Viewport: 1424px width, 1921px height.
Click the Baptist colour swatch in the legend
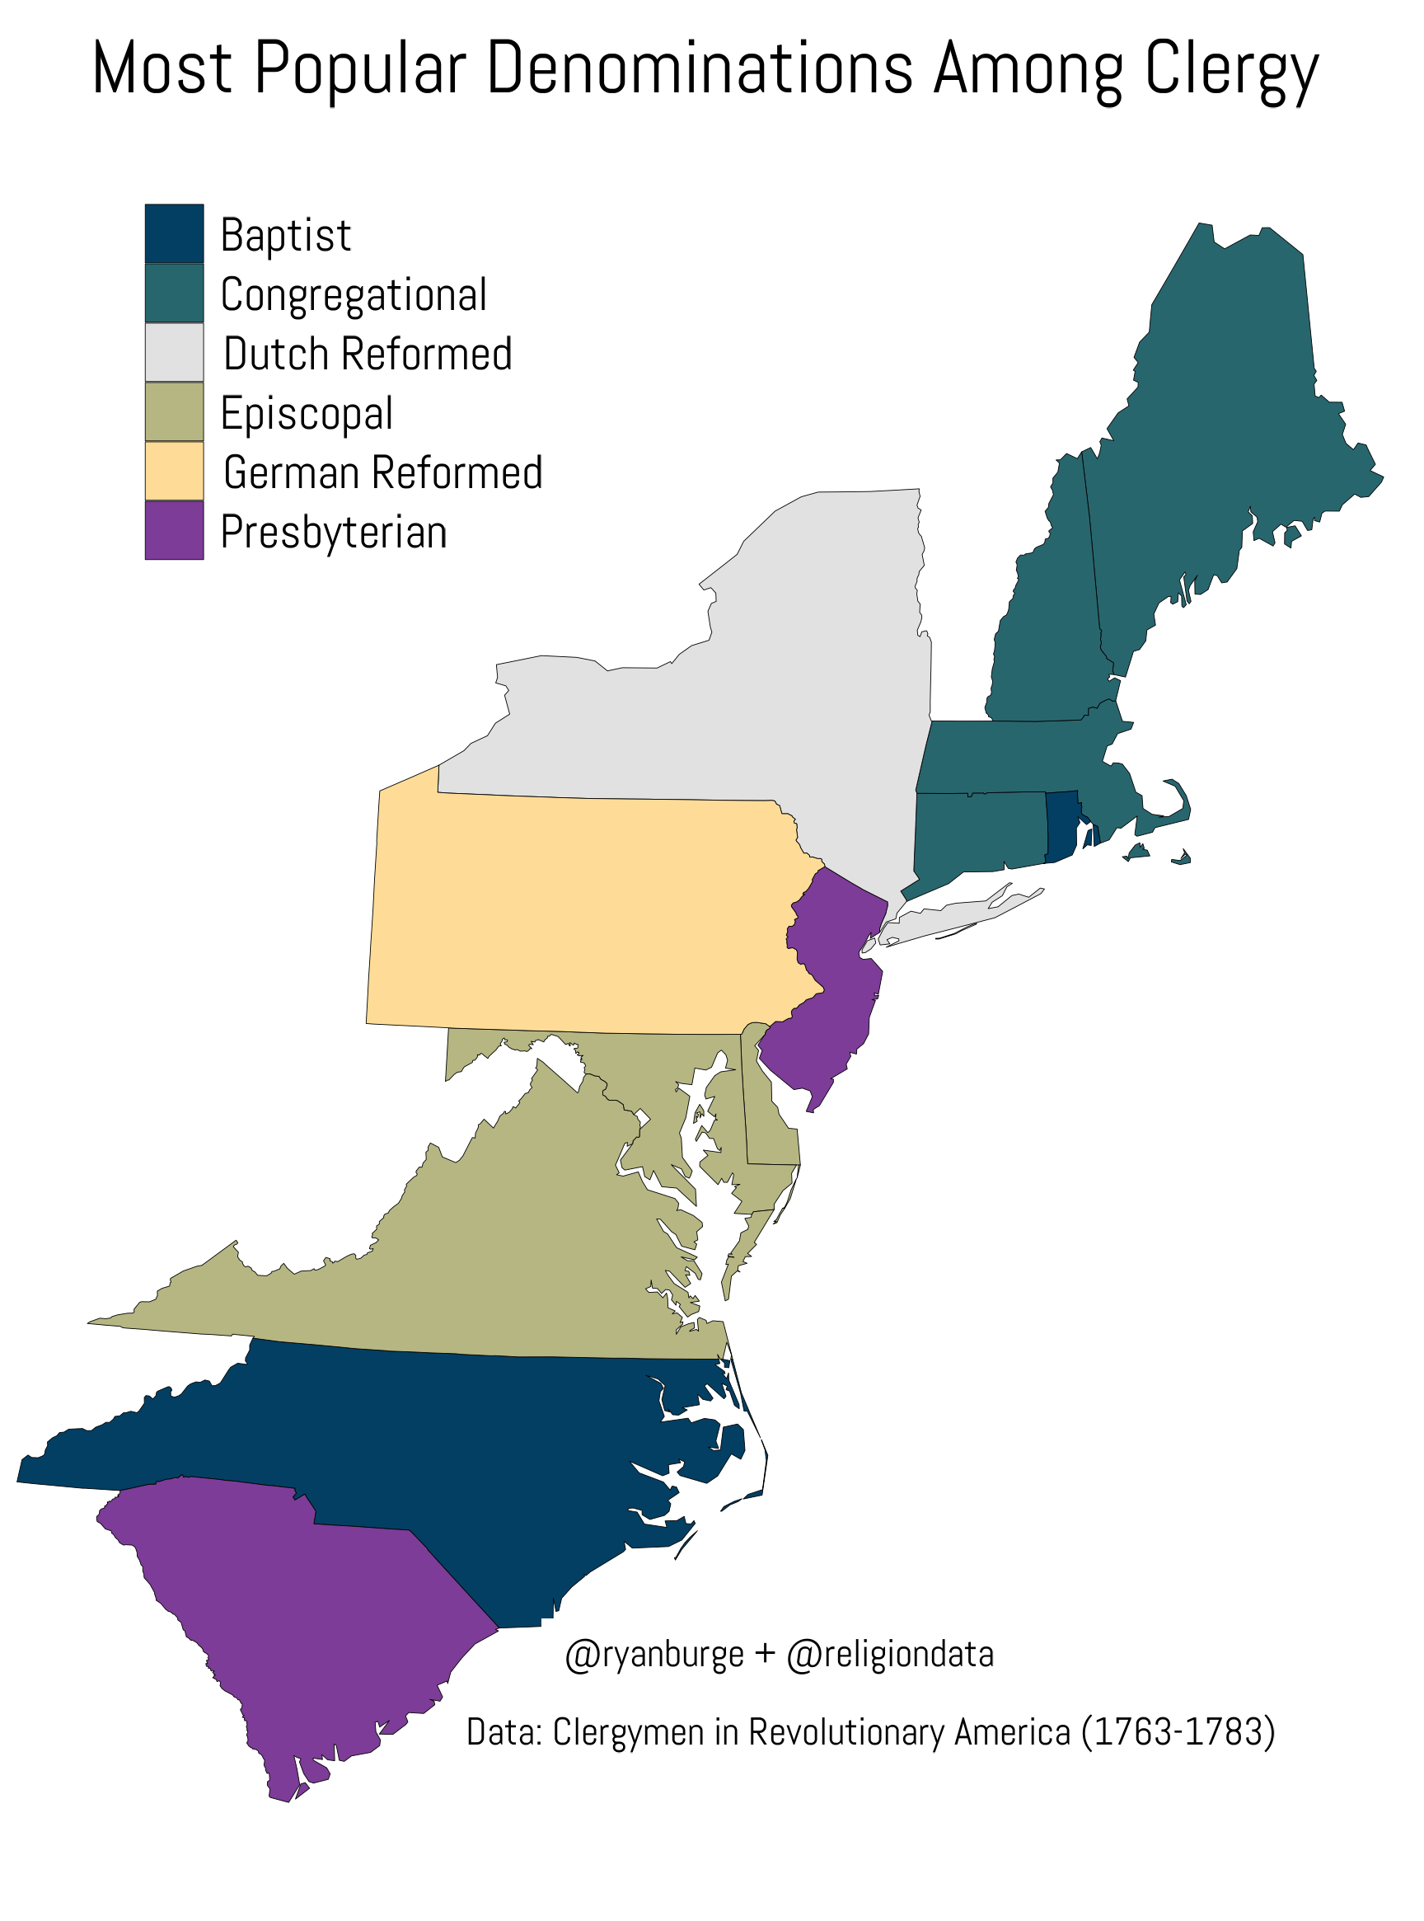174,233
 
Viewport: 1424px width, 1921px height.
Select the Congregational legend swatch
174,294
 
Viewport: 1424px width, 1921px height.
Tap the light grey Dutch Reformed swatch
174,353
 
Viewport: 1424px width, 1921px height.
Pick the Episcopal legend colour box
174,412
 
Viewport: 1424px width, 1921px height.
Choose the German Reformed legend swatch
174,472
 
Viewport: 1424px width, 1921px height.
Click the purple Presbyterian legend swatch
174,531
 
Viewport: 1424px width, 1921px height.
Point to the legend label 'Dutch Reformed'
368,354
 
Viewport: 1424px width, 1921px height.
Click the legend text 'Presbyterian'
334,532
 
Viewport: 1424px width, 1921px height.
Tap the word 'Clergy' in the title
1232,69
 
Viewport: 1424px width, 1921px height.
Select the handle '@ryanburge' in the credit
654,1655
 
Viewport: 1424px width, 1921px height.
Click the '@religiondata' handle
891,1655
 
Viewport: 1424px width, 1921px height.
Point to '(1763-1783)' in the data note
1178,1732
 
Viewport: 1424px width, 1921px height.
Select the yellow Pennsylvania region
586,914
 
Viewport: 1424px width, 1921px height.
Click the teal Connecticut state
978,832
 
